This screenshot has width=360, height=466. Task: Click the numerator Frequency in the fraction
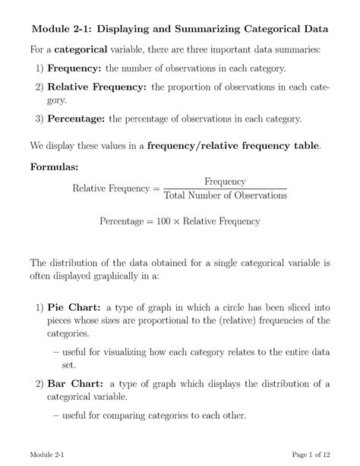(x=225, y=182)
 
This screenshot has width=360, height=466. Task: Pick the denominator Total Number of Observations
(x=225, y=196)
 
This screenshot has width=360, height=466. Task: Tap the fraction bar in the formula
(x=225, y=189)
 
